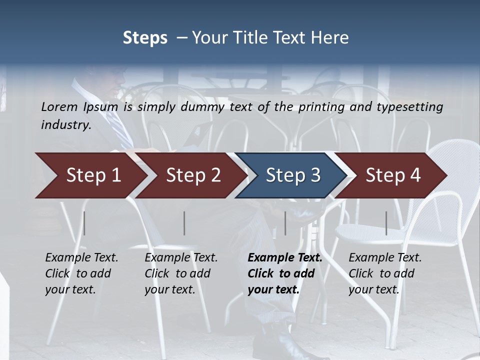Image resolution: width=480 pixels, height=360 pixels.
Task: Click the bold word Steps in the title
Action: pyautogui.click(x=145, y=38)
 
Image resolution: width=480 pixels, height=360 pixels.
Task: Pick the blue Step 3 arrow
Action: pyautogui.click(x=293, y=175)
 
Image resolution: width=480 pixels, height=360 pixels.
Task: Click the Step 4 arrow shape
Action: pyautogui.click(x=393, y=175)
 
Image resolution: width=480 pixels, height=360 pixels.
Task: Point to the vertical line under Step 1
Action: pyautogui.click(x=84, y=223)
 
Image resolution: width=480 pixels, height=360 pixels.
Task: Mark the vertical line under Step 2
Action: pyautogui.click(x=184, y=223)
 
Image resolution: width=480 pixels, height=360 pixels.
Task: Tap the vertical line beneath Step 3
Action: pyautogui.click(x=285, y=223)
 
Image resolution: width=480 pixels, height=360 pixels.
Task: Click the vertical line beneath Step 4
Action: pyautogui.click(x=386, y=223)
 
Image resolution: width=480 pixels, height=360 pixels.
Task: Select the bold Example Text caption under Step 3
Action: pyautogui.click(x=285, y=273)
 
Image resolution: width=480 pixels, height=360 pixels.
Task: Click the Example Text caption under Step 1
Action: pyautogui.click(x=81, y=273)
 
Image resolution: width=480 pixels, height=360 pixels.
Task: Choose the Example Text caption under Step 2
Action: pyautogui.click(x=181, y=273)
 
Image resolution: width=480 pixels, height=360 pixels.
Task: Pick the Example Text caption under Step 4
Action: pyautogui.click(x=385, y=273)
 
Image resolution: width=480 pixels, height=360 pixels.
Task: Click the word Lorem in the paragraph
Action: pyautogui.click(x=59, y=107)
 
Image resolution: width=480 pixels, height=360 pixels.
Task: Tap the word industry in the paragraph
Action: pyautogui.click(x=65, y=125)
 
